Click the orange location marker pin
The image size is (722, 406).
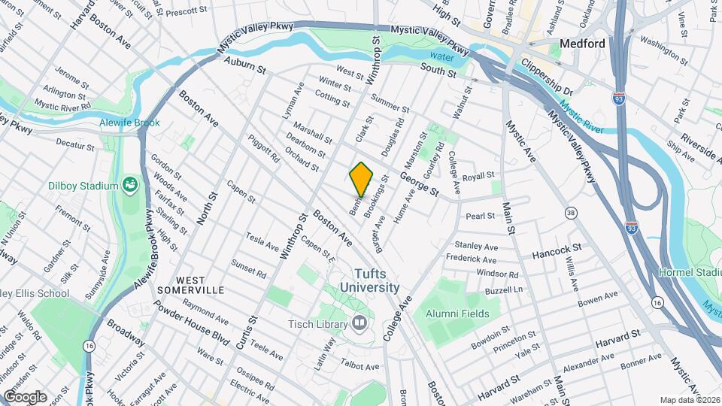tap(361, 180)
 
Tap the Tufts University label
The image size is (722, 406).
tap(369, 280)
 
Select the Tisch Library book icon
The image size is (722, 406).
tap(359, 324)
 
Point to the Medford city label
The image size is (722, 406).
tap(583, 44)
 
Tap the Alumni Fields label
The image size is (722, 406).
tap(457, 314)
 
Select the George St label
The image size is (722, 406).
tap(419, 183)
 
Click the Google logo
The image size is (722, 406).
tap(25, 396)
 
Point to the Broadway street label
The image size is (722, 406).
tap(126, 332)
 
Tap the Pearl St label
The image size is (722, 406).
tap(480, 216)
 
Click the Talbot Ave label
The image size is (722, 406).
tap(362, 366)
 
